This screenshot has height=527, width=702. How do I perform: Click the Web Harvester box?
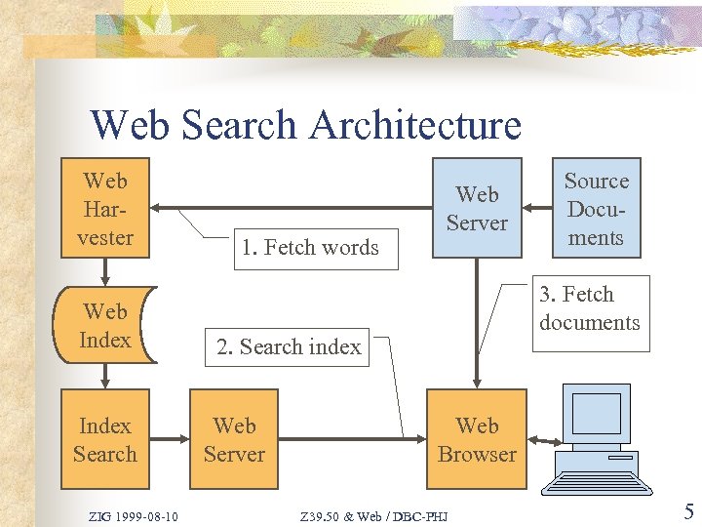pyautogui.click(x=105, y=209)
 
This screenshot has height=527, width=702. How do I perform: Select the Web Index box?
pyautogui.click(x=105, y=325)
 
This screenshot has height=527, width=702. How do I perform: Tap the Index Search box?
pyautogui.click(x=105, y=439)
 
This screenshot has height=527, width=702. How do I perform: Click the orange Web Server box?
pyautogui.click(x=234, y=439)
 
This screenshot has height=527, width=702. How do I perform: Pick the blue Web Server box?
pyautogui.click(x=477, y=209)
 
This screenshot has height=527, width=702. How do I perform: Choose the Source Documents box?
pyautogui.click(x=596, y=209)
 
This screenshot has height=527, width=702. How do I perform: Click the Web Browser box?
pyautogui.click(x=477, y=439)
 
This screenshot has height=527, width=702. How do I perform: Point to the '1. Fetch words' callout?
pyautogui.click(x=309, y=248)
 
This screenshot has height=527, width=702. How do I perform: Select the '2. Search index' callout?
pyautogui.click(x=288, y=346)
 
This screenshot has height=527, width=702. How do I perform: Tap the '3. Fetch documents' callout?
pyautogui.click(x=589, y=308)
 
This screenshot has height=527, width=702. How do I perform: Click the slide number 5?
pyautogui.click(x=688, y=511)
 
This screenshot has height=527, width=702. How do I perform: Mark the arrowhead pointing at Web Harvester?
pyautogui.click(x=159, y=208)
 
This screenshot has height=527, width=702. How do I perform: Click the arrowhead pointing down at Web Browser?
pyautogui.click(x=477, y=384)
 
